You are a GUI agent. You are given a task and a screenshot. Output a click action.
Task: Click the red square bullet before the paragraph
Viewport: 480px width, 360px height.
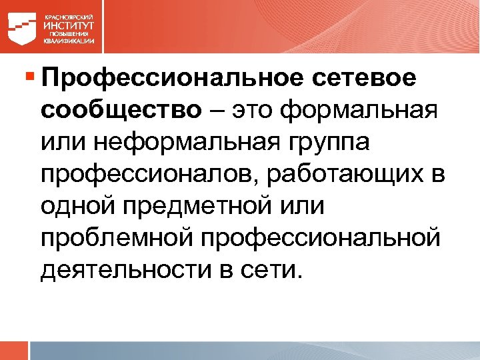point(29,77)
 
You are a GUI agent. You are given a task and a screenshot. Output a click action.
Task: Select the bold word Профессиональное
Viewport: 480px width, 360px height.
point(170,79)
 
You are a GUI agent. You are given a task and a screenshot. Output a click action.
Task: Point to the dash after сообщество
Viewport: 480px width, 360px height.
point(215,110)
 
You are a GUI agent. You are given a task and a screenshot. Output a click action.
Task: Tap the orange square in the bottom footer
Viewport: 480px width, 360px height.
point(14,351)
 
